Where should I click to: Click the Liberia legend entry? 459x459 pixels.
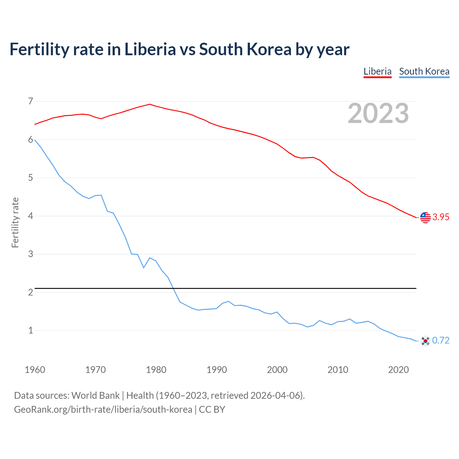tap(377, 71)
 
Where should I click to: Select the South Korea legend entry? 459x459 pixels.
tap(424, 71)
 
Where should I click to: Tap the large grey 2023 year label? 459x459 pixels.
tap(378, 113)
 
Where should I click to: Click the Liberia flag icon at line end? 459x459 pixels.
tap(425, 217)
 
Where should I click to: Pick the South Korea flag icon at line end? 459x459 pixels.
tap(425, 341)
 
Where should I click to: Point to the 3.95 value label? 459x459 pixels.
tap(441, 217)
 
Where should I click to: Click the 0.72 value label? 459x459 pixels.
tap(441, 341)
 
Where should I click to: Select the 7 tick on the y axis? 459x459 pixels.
tap(30, 101)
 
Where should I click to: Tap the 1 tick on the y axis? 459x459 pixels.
tap(30, 330)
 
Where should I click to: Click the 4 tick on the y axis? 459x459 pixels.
tap(30, 216)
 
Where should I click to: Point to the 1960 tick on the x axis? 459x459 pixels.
tap(35, 370)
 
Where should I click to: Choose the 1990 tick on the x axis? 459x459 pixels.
tap(217, 370)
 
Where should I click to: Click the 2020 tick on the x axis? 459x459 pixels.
tap(398, 370)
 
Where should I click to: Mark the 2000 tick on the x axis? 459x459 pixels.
tap(277, 370)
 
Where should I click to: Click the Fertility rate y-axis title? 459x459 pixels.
tap(15, 222)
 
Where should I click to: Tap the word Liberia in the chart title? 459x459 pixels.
tap(150, 49)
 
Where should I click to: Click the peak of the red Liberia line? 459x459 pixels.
tap(150, 104)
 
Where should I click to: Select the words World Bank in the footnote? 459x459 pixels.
tap(95, 396)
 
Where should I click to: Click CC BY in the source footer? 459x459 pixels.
tap(212, 410)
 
